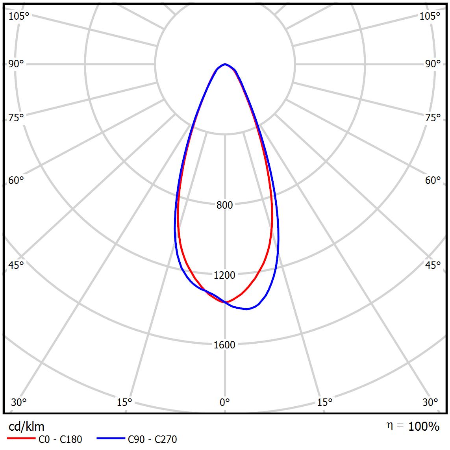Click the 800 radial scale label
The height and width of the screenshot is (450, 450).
point(224,205)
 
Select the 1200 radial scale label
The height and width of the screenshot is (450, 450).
point(224,275)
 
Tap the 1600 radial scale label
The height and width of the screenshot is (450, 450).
point(224,345)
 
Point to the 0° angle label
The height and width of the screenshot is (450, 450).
point(224,402)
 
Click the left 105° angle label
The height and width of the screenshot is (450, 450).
point(19,16)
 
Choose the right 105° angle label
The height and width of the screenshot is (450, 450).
point(430,16)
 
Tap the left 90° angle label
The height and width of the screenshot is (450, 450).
point(16,64)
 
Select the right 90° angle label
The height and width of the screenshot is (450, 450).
point(433,64)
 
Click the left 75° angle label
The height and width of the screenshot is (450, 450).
point(16,118)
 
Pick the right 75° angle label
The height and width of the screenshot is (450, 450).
point(433,118)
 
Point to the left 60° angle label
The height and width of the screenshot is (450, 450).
point(16,180)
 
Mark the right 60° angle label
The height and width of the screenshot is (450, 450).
point(433,180)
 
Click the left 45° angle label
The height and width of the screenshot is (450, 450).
point(16,265)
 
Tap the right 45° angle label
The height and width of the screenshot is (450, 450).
point(433,265)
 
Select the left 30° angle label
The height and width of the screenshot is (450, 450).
point(19,402)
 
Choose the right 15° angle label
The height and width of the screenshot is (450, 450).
point(324,402)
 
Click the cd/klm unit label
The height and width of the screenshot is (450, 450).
point(26,426)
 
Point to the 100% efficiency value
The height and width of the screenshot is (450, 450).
point(424,426)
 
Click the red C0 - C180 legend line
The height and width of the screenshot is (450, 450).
point(20,439)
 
